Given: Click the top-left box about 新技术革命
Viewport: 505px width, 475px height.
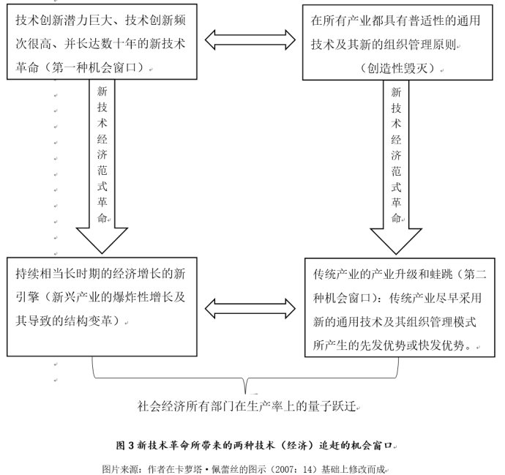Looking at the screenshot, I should [x=103, y=42].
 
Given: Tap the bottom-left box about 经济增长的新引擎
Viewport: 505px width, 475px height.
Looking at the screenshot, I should [x=103, y=307].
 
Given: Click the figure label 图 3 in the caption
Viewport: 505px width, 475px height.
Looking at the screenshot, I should [x=124, y=444].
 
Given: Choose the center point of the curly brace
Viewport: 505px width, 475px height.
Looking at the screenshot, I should [x=247, y=383].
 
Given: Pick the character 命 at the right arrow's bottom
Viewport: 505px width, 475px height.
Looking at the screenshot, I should [x=395, y=217].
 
